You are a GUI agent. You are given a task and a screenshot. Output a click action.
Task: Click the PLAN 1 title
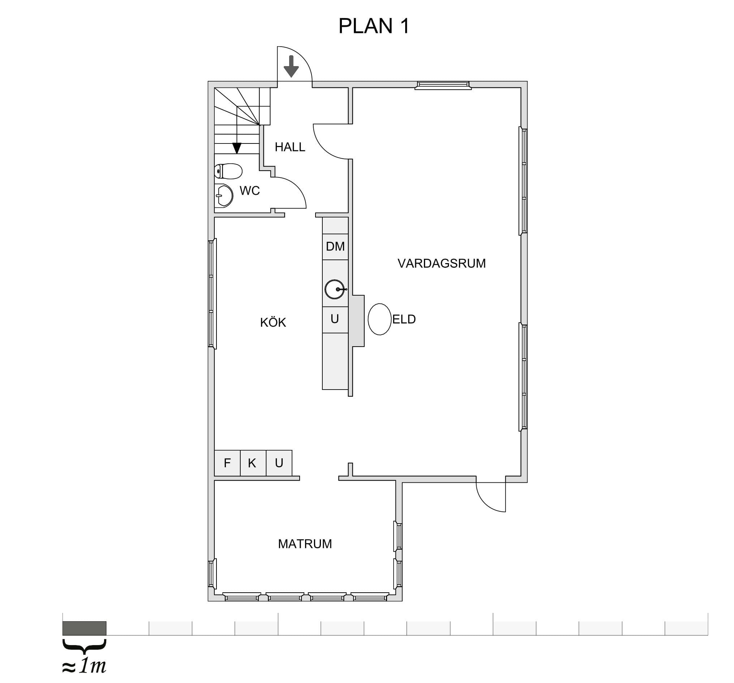pos(374,26)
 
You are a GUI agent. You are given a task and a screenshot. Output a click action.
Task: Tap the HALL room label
pos(290,147)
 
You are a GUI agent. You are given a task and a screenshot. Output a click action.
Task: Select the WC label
pos(250,190)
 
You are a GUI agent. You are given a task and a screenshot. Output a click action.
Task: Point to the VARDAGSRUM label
pos(442,263)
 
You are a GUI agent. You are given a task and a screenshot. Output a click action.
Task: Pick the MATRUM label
pos(305,544)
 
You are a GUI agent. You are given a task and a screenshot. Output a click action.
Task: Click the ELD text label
pos(404,319)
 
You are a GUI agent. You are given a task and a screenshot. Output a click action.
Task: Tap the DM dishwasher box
pos(335,246)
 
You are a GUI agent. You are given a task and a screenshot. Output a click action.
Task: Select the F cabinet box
pos(227,463)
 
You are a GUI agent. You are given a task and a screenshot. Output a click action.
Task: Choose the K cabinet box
pos(253,463)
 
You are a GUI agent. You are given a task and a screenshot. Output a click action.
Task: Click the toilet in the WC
pos(228,171)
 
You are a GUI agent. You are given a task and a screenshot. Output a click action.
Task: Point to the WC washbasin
pos(224,196)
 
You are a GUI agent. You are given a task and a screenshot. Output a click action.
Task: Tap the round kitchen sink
pos(335,289)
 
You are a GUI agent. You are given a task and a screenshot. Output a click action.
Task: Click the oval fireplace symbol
pos(379,319)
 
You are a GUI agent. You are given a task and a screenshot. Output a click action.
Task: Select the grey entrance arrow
pos(291,66)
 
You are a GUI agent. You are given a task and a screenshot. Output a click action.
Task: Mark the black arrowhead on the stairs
pos(237,148)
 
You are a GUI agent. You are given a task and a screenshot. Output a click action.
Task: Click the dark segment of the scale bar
pos(85,628)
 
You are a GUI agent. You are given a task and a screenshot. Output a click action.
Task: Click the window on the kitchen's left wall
pos(212,293)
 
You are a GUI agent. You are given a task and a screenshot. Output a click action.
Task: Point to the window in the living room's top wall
pos(443,85)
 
